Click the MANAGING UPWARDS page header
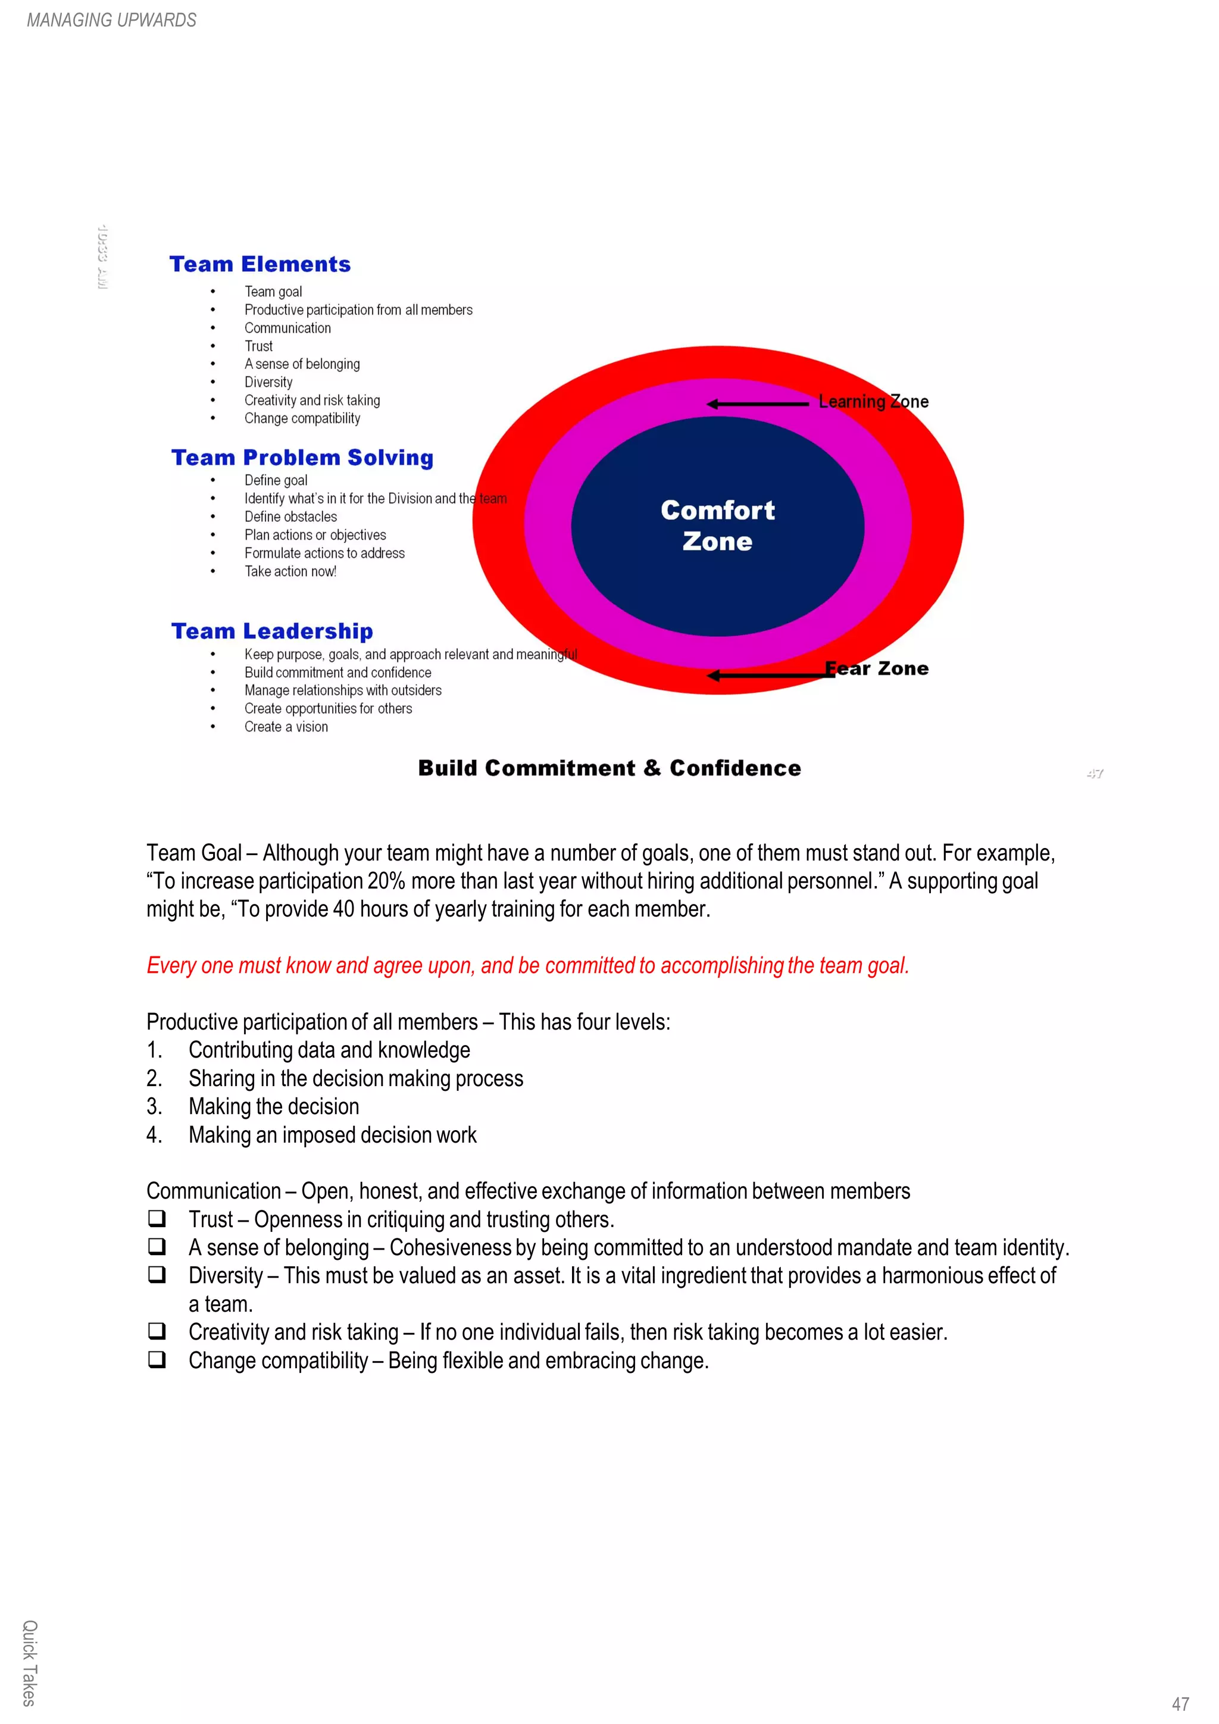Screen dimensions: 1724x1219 coord(111,20)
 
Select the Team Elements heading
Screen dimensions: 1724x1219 coord(260,264)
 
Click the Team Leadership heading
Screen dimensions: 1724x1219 coord(272,631)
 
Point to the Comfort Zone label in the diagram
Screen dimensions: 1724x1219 coord(717,525)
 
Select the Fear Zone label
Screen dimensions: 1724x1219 coord(877,668)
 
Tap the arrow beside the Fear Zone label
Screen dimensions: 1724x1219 coord(770,675)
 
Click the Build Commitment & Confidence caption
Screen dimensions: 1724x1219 coord(609,768)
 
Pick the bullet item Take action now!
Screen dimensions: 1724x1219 coord(290,571)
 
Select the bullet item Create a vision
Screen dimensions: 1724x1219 coord(286,727)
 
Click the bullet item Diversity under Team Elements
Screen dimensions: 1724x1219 coord(268,382)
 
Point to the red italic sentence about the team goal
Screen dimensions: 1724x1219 coord(527,966)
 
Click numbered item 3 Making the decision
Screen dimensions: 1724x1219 coord(273,1107)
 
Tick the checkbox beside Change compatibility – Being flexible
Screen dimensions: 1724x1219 coord(156,1359)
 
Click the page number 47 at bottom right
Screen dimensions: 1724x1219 coord(1180,1704)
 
